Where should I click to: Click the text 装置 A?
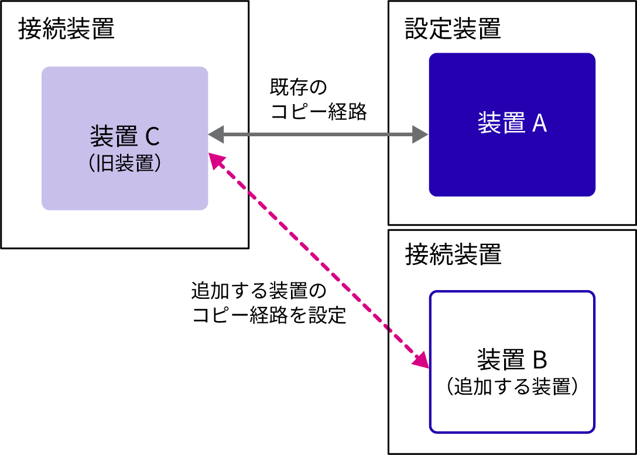pyautogui.click(x=512, y=123)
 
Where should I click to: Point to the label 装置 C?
pyautogui.click(x=124, y=137)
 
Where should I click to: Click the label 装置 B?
pyautogui.click(x=512, y=360)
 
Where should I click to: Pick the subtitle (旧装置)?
pyautogui.click(x=124, y=163)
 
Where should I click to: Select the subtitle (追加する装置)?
pyautogui.click(x=512, y=387)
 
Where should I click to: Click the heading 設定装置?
pyautogui.click(x=453, y=29)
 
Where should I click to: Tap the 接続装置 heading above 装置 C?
pyautogui.click(x=66, y=29)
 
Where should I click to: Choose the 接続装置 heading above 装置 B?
pyautogui.click(x=453, y=255)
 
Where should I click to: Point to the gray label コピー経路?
pyautogui.click(x=318, y=111)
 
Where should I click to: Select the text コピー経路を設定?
pyautogui.click(x=269, y=316)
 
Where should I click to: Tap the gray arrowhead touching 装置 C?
pyautogui.click(x=216, y=135)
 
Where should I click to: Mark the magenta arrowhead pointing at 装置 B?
pyautogui.click(x=422, y=360)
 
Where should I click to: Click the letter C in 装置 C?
pyautogui.click(x=151, y=137)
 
